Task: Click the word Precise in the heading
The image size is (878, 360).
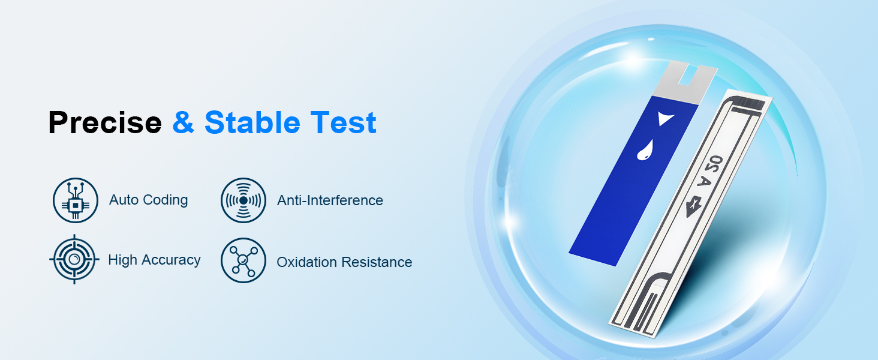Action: click(105, 123)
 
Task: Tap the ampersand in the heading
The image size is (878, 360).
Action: click(185, 123)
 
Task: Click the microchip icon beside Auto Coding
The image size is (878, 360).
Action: click(75, 200)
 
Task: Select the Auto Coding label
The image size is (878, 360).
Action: click(148, 200)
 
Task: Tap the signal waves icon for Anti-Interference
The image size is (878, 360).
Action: click(243, 200)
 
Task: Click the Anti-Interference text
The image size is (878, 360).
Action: click(330, 200)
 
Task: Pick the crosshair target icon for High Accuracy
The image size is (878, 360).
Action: click(74, 259)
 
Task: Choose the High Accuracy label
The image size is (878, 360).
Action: click(154, 260)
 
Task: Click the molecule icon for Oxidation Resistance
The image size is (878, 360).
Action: click(243, 260)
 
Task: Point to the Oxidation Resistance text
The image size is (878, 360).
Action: click(344, 262)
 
